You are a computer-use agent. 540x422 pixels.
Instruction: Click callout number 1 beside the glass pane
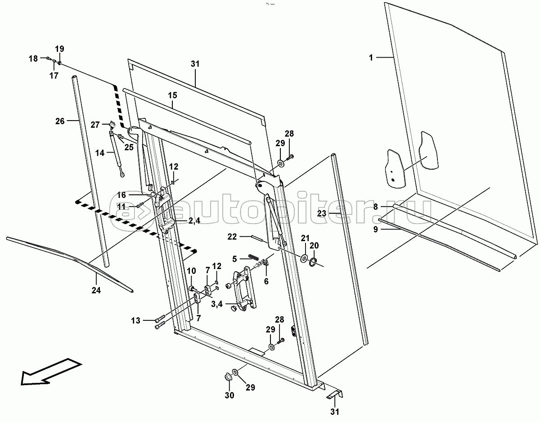point(371,58)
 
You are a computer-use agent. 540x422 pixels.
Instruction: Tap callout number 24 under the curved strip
point(96,291)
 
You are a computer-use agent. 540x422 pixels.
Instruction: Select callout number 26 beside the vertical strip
point(60,121)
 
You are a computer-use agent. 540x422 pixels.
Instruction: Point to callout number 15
point(173,95)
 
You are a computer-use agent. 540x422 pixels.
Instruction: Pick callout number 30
point(229,395)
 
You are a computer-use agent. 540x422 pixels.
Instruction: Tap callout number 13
point(136,320)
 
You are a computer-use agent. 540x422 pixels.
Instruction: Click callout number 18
point(33,58)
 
